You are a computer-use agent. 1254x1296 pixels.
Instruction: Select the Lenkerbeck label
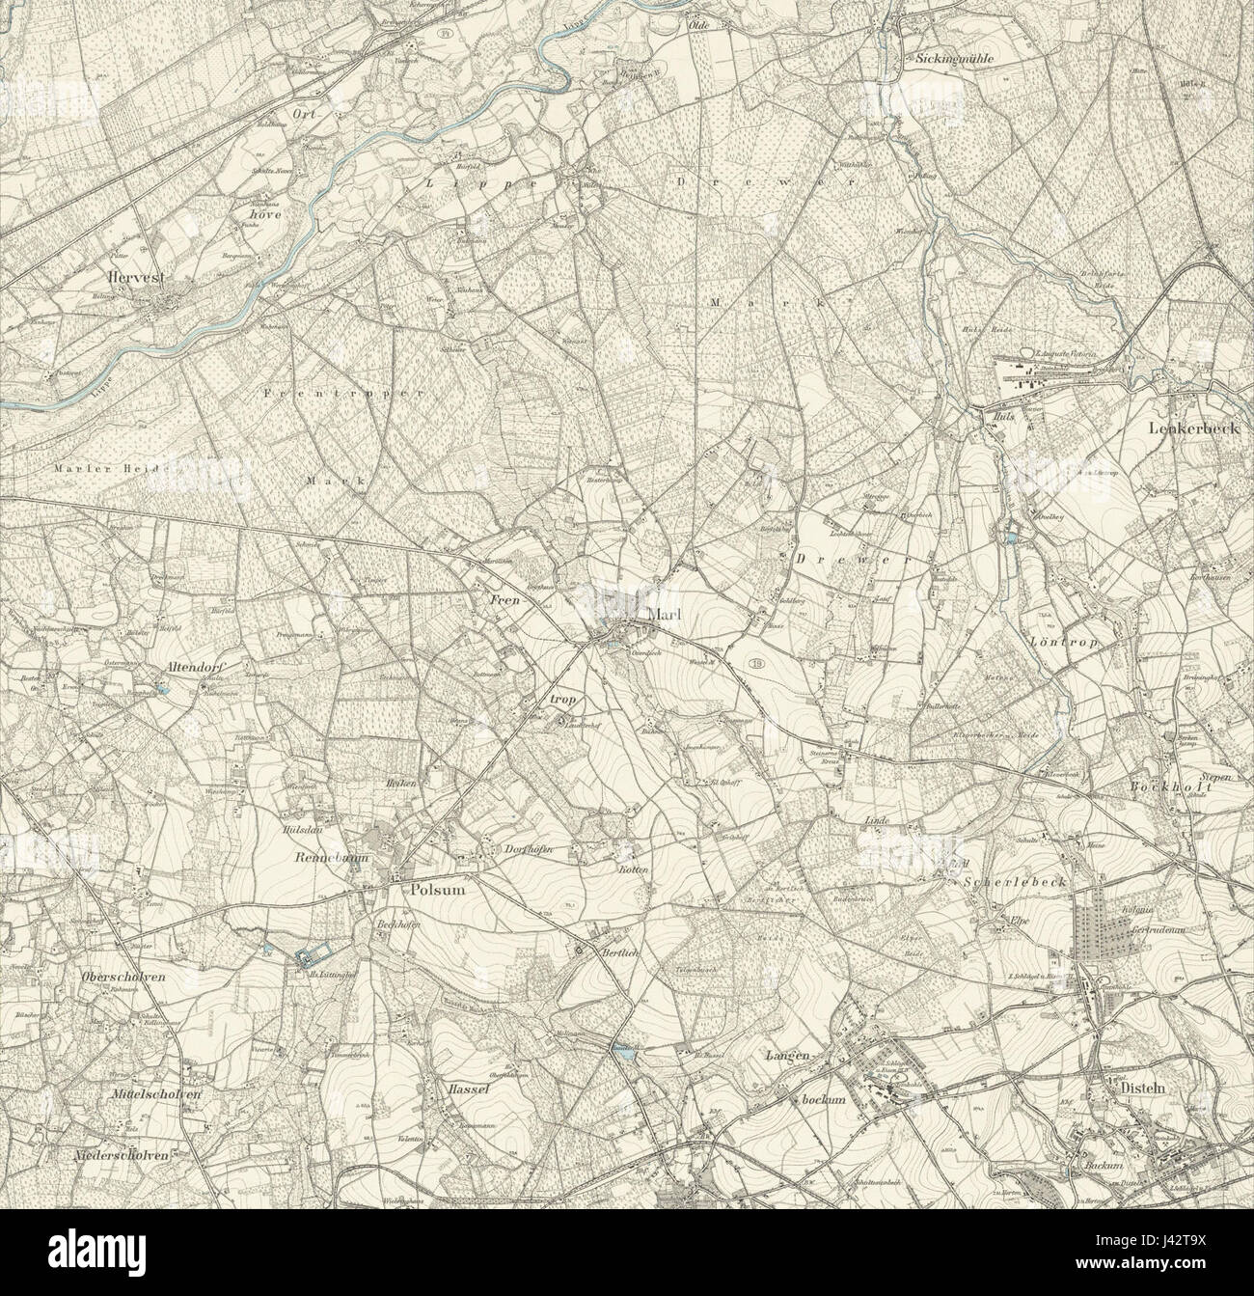(1194, 427)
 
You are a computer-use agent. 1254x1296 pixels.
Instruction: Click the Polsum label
(438, 891)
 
